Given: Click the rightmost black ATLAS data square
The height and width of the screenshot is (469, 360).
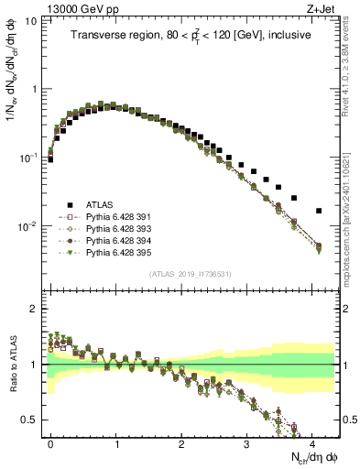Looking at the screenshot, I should pos(319,211).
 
